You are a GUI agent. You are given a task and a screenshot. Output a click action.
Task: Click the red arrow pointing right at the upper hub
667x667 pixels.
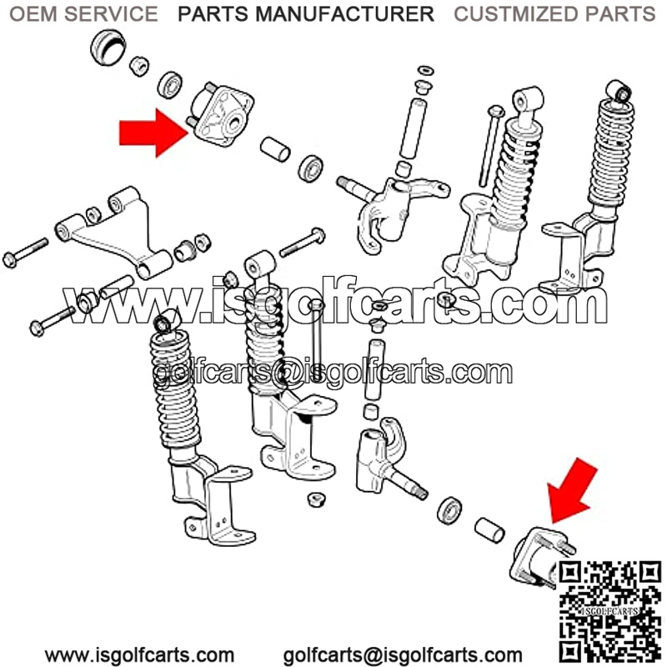point(153,133)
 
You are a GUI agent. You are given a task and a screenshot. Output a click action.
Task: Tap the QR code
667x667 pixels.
point(609,613)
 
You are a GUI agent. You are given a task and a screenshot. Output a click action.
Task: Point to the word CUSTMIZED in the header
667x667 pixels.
point(515,14)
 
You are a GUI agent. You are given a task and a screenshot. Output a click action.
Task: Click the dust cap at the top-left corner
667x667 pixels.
point(108,47)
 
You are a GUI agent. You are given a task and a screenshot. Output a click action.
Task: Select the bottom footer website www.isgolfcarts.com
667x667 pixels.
point(139,655)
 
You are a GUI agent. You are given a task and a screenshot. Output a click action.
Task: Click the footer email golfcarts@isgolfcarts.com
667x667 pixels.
point(403,655)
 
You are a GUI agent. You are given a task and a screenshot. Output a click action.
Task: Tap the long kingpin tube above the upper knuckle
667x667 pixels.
point(413,128)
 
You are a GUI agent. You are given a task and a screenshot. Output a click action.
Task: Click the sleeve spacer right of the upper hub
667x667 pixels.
point(275,149)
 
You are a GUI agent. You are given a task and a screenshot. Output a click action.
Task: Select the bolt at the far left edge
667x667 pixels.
point(25,253)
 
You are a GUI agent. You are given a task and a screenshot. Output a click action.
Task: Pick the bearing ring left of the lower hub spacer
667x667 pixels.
point(449,509)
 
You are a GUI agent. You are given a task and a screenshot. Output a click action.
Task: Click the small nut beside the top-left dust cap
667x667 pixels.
point(139,66)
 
